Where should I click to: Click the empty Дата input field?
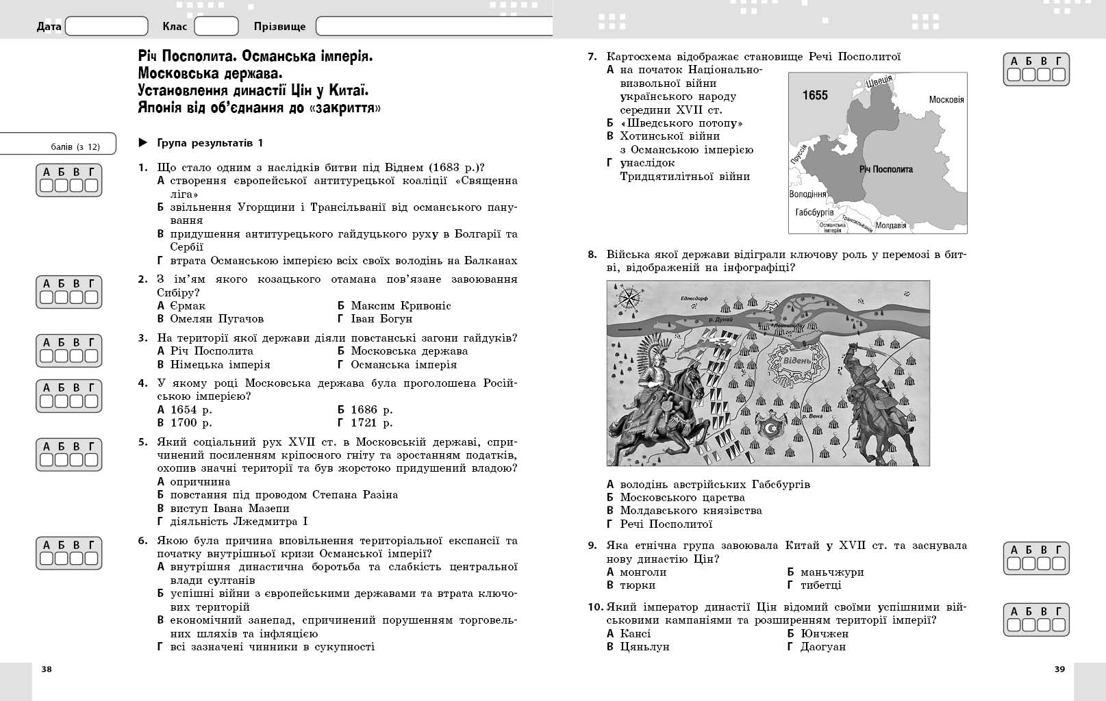tap(106, 27)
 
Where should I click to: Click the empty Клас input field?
tap(216, 27)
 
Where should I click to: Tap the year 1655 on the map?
tap(815, 95)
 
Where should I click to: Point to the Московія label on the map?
tap(946, 100)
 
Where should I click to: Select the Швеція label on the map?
tap(879, 81)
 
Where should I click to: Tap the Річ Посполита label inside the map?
tap(885, 169)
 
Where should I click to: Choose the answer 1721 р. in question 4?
tap(371, 423)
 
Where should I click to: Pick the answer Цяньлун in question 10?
tap(644, 647)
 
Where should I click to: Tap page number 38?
tap(47, 670)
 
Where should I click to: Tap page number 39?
tap(1059, 670)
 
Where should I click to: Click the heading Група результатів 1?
tap(210, 143)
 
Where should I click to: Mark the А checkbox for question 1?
tap(46, 186)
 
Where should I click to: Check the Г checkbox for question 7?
tap(1059, 75)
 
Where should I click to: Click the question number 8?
tap(592, 255)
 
